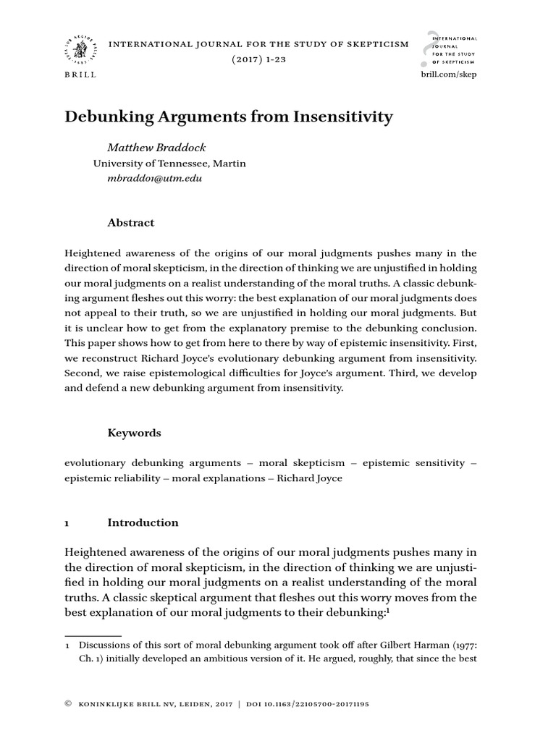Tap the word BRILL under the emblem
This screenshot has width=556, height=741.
click(x=80, y=75)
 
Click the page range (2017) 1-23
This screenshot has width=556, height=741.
click(x=258, y=59)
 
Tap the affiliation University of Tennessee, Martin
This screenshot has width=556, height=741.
click(x=169, y=164)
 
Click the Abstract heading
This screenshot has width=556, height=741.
click(x=130, y=223)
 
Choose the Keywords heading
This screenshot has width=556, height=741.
click(x=134, y=433)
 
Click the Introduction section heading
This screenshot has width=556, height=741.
click(x=143, y=522)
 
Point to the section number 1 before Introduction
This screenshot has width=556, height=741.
click(x=67, y=523)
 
